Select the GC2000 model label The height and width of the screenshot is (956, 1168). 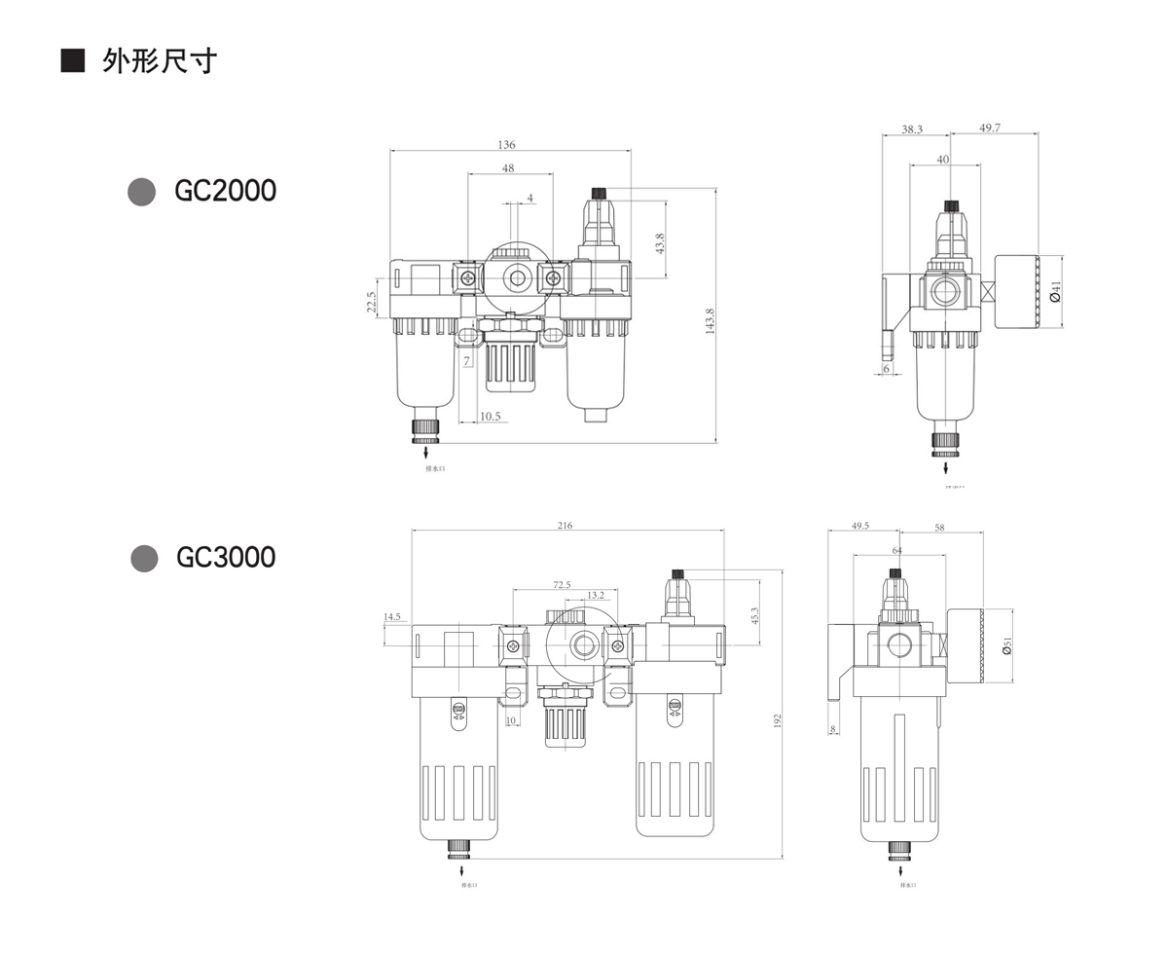[225, 191]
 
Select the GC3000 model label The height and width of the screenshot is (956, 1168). [226, 558]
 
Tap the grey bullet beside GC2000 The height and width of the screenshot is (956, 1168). [142, 192]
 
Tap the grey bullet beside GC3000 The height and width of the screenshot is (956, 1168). [144, 558]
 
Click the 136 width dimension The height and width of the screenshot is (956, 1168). [506, 145]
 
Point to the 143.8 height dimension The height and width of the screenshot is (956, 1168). [710, 321]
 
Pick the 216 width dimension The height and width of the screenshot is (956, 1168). [565, 526]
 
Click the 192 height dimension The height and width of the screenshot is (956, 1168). [778, 720]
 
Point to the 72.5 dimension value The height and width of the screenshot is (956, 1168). [562, 585]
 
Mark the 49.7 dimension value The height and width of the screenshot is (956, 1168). [990, 129]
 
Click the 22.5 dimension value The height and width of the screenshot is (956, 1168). [372, 302]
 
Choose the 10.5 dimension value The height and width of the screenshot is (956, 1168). [490, 417]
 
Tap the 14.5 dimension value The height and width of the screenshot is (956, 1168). [391, 617]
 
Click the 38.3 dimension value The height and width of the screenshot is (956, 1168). [912, 129]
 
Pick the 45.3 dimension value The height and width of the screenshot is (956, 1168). [754, 615]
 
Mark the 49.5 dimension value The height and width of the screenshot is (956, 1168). [860, 526]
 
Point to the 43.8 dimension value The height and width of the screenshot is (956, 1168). [660, 243]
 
